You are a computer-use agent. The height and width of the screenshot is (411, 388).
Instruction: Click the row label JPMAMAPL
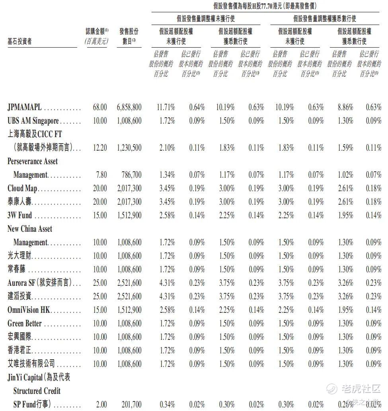(25, 107)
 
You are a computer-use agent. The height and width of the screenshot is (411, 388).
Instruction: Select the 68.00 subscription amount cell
(100, 107)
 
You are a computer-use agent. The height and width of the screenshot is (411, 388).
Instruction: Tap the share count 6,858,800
(129, 107)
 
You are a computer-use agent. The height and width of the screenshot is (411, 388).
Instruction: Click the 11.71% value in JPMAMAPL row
(164, 107)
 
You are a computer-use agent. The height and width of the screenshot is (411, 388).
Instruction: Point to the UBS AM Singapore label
(33, 121)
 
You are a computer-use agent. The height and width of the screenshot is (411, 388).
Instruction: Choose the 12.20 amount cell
(100, 148)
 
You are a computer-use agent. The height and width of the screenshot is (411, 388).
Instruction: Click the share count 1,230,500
(129, 148)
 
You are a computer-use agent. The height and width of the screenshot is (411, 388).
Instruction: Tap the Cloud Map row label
(22, 188)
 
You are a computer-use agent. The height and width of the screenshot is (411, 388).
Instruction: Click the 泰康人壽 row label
(19, 202)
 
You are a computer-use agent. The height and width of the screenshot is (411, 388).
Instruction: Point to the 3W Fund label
(20, 215)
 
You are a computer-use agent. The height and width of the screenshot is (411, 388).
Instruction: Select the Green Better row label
(25, 324)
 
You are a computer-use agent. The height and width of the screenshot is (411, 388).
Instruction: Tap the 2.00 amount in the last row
(101, 405)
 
